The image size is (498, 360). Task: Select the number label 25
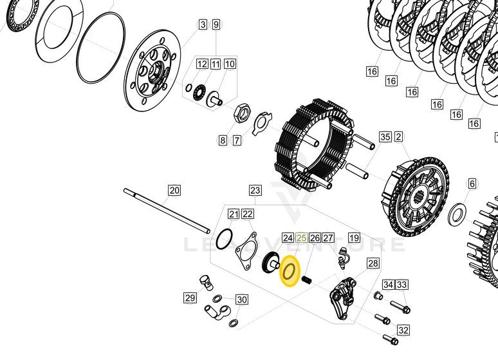[x=301, y=238]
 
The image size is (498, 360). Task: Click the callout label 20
[x=174, y=190]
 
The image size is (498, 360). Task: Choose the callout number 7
[x=237, y=140]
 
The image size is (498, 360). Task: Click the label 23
[x=255, y=190]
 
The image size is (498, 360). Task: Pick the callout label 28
[x=373, y=263]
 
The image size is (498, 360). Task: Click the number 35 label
[x=385, y=137]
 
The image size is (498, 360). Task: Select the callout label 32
[x=403, y=330]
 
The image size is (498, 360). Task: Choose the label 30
[x=241, y=299]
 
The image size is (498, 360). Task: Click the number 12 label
[x=202, y=64]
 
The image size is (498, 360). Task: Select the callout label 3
[x=203, y=24]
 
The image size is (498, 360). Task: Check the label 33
[x=402, y=285]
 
